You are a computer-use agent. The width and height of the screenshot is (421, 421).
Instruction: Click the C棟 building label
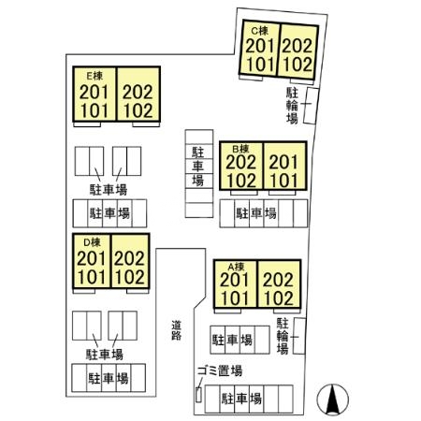click(260, 31)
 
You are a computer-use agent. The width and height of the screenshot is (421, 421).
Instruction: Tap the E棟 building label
click(94, 76)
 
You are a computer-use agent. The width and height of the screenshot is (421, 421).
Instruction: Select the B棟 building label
click(241, 149)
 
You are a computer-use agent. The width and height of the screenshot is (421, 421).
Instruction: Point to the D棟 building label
click(92, 242)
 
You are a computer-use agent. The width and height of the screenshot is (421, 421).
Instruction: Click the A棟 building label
click(236, 267)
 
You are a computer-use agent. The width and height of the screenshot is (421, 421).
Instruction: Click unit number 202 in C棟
click(298, 46)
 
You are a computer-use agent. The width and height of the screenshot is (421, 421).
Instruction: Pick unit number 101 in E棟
click(94, 110)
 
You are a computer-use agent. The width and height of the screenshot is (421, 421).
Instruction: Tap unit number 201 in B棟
click(283, 162)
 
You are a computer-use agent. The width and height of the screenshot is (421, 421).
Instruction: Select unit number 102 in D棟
click(129, 277)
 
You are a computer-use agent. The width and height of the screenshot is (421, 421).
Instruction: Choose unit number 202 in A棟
click(278, 280)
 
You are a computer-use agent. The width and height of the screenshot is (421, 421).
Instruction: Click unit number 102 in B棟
click(241, 181)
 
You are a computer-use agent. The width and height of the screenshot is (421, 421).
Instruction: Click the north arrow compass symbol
click(332, 399)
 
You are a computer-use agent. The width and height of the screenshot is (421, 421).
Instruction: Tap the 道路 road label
click(176, 330)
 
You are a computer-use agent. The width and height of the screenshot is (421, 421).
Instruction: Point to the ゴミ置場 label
click(220, 370)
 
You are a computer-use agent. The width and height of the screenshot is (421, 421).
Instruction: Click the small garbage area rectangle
click(198, 395)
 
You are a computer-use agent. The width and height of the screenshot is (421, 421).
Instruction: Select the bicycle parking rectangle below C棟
click(311, 106)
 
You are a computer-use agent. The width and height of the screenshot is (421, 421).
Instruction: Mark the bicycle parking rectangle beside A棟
click(299, 336)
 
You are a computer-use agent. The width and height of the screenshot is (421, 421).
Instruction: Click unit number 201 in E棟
click(94, 92)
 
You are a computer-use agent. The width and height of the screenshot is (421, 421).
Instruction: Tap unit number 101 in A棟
click(235, 298)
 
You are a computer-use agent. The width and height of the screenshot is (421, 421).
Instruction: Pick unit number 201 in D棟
click(92, 258)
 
